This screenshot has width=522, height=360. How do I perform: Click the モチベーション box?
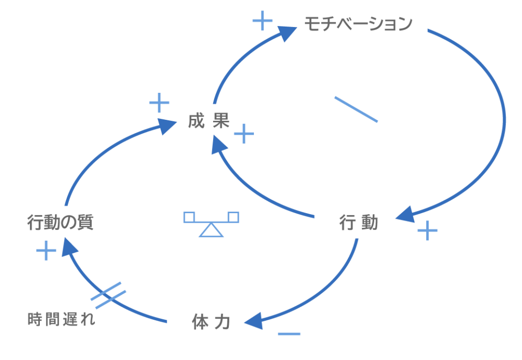pos(358,24)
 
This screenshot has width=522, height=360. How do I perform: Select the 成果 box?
pos(209,121)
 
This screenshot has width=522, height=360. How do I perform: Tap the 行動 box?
pos(358,223)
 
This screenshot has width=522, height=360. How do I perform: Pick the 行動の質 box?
pos(60,223)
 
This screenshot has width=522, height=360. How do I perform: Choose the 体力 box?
pos(211,322)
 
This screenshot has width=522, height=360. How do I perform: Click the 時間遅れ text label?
pos(61,320)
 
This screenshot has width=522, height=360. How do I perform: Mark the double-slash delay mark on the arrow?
pos(108,295)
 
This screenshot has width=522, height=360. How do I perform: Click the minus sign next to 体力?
pos(289,334)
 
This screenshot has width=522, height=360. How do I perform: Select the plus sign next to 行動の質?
pos(46,251)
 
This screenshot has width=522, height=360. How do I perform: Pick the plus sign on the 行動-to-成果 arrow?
pos(244,134)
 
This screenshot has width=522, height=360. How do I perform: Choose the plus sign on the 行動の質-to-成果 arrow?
pos(159,102)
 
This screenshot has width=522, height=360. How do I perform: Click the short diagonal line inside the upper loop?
pos(356,109)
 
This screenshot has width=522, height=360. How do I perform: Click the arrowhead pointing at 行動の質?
pos(70,248)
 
